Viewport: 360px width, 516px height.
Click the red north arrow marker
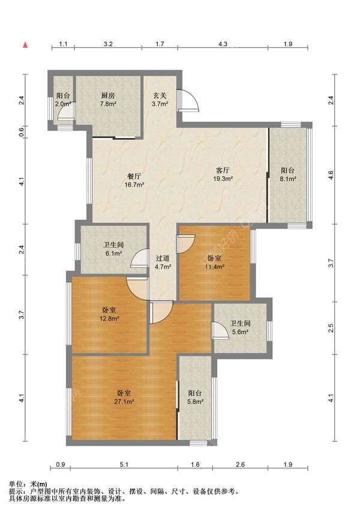point(25,45)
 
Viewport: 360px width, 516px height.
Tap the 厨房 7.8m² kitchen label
point(108,100)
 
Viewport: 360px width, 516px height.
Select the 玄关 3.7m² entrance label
point(160,100)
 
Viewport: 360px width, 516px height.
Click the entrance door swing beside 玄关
point(189,101)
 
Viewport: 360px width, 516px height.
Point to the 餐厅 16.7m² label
point(134,181)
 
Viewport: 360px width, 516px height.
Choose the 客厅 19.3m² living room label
point(223,175)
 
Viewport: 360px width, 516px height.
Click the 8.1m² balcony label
point(287,175)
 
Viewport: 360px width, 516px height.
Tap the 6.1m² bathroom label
point(113,249)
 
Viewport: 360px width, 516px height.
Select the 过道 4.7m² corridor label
point(163,263)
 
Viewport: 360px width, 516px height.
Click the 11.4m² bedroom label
point(214,263)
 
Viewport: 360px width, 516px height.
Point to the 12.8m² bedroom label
point(109,314)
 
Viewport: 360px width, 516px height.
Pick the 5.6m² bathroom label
point(240,328)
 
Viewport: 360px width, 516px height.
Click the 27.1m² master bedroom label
point(124,397)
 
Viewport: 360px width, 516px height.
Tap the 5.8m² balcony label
point(195,397)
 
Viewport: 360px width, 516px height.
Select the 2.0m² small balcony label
point(63,100)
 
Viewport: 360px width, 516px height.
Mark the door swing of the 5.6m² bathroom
point(220,330)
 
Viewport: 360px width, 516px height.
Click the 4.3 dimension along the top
point(223,44)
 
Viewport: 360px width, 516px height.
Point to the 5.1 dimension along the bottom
point(124,464)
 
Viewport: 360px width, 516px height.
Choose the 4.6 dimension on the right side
point(331,175)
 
